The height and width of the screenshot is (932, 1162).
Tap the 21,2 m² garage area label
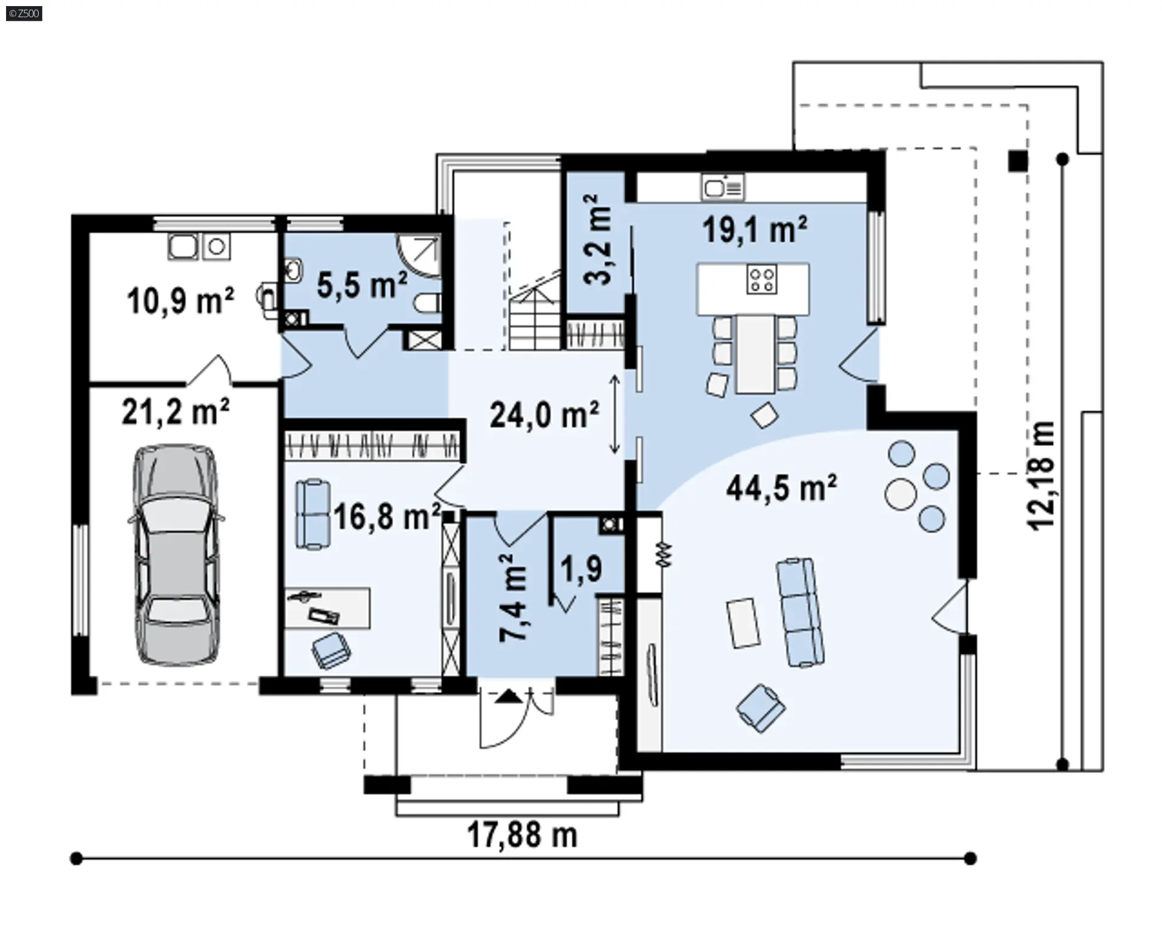pos(176,412)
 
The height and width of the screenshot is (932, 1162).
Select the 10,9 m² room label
pos(180,300)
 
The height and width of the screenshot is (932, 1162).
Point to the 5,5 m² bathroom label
pos(362,284)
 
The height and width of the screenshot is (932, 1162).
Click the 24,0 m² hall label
pos(545,415)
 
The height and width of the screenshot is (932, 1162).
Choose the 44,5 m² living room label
pos(782,487)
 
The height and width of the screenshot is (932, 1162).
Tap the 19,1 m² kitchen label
pos(755,230)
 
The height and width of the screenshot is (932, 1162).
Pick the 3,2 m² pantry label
pos(597,240)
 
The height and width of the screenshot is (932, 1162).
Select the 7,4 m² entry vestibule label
pos(514,598)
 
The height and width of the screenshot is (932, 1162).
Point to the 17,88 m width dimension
pos(522,836)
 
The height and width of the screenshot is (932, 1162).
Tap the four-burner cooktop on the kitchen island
pos(761,280)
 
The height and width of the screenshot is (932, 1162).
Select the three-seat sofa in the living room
pos(800,612)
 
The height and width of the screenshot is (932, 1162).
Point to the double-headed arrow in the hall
pos(614,415)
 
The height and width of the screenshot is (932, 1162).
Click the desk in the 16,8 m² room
pos(327,607)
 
